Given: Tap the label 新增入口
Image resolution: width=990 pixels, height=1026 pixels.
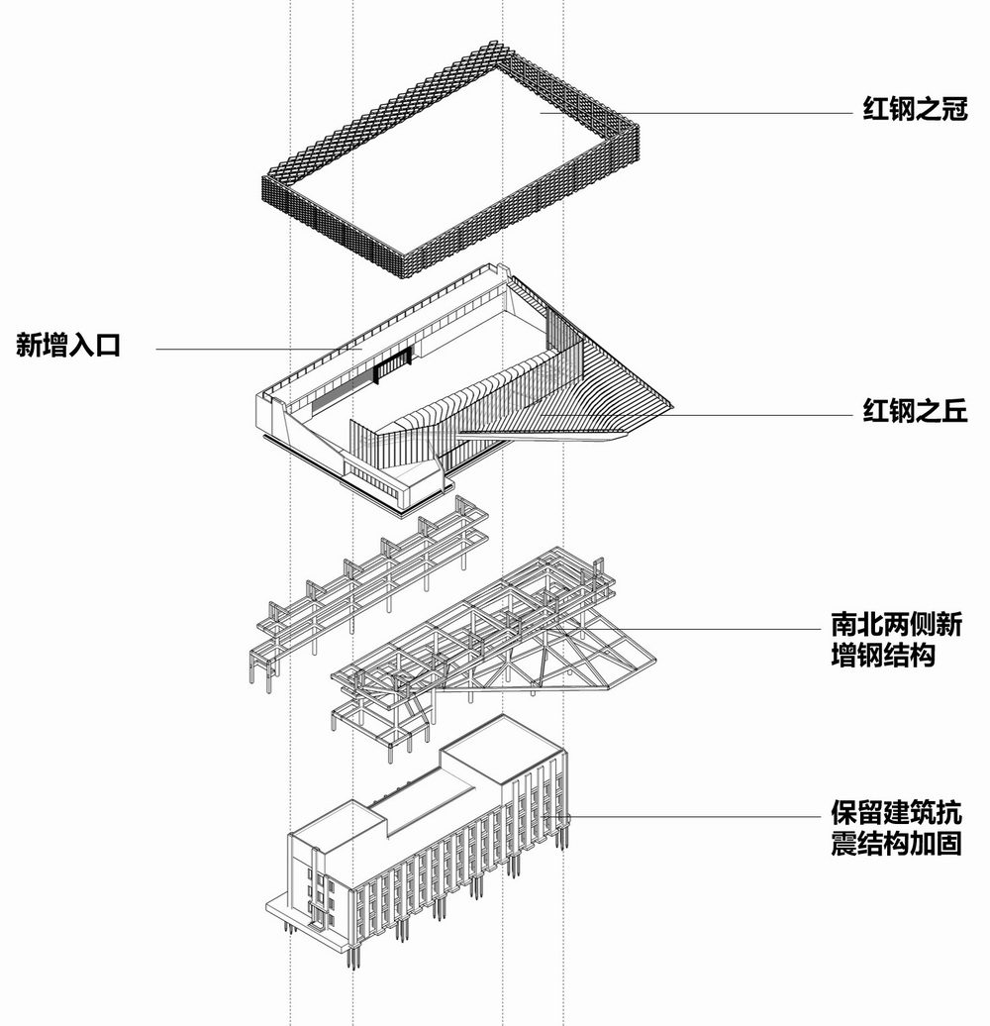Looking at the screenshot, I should [x=68, y=346].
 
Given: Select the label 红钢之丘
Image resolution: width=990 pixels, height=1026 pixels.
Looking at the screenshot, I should [x=913, y=411].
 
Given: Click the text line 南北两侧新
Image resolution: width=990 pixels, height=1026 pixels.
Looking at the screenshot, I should [x=896, y=626].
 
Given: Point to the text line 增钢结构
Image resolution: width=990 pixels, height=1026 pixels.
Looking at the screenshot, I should [x=883, y=656].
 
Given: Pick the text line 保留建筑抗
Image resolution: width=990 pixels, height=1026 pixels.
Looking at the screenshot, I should [x=896, y=815].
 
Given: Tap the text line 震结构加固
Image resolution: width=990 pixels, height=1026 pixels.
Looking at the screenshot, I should [x=896, y=845].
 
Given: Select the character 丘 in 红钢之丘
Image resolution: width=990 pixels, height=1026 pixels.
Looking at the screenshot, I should [x=952, y=411].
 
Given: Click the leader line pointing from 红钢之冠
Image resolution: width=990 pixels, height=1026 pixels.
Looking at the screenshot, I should [x=693, y=111].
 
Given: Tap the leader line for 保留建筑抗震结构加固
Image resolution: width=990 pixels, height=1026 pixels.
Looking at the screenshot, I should [x=693, y=817].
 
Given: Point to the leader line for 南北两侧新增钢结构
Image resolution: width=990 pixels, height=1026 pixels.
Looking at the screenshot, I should [x=713, y=629].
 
